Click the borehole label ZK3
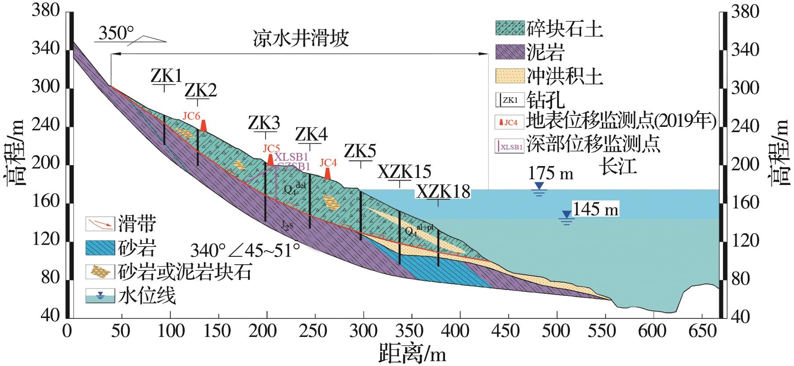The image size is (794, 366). click(264, 123)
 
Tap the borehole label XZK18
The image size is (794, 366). click(443, 192)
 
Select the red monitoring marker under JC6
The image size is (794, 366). click(203, 126)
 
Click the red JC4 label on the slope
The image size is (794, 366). click(328, 163)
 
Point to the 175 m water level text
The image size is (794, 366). click(551, 174)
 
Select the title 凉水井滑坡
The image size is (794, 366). click(301, 39)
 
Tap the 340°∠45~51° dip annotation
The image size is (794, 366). click(245, 251)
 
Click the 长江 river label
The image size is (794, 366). click(619, 167)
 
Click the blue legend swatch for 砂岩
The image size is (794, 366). click(100, 249)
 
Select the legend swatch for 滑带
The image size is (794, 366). click(100, 224)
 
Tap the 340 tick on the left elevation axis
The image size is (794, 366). click(45, 49)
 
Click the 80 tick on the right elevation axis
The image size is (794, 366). click(745, 279)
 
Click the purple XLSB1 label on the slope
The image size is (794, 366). click(291, 157)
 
